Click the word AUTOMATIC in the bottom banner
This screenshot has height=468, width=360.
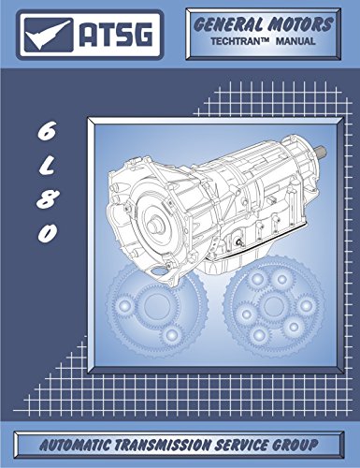tap(78, 443)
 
